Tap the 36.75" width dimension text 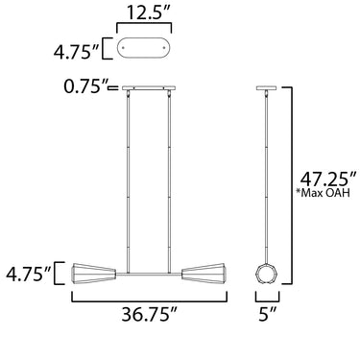coord(149,314)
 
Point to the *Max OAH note coord(324,193)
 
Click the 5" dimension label coord(267,314)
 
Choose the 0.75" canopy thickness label coord(85,86)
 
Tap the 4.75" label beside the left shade coord(28,274)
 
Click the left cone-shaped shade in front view coord(94,274)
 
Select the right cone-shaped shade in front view coord(204,274)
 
